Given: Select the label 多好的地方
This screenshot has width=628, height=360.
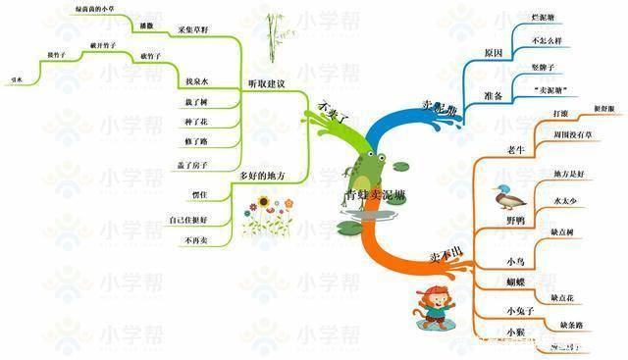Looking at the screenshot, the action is pyautogui.click(x=262, y=176).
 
